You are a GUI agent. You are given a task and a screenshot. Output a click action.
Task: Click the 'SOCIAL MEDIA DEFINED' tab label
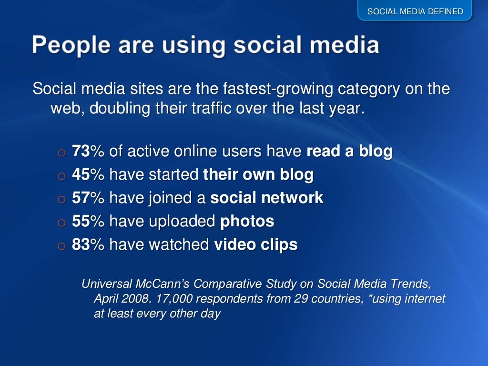[415, 11]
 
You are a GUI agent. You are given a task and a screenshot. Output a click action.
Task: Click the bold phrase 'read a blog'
[349, 152]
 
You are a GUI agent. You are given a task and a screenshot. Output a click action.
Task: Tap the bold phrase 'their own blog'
[258, 175]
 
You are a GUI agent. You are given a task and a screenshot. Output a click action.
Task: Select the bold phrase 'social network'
[267, 198]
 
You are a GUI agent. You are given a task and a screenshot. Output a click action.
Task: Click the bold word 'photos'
[247, 221]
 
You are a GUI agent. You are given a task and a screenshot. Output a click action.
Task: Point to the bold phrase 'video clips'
[255, 244]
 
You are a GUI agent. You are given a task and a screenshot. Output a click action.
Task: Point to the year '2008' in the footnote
[132, 299]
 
